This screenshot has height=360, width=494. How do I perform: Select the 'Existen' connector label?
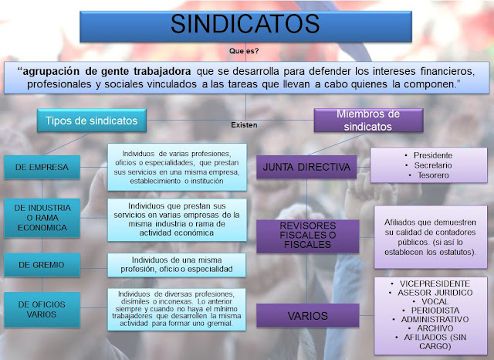pyautogui.click(x=244, y=124)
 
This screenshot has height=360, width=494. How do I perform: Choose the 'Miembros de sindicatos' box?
pyautogui.click(x=367, y=120)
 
